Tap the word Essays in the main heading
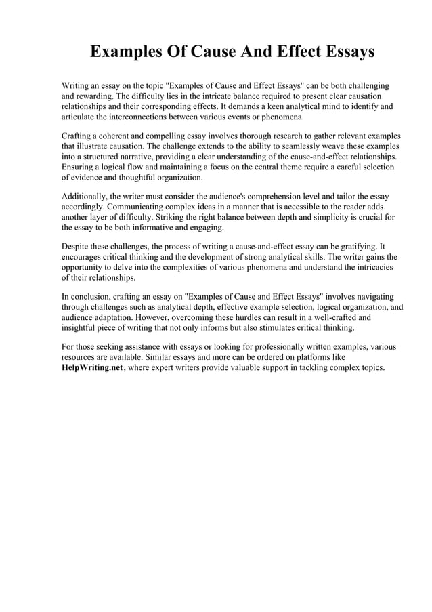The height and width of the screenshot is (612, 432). (344, 52)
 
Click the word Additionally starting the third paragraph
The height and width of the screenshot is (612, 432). (85, 197)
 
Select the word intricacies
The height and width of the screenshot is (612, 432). (368, 268)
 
